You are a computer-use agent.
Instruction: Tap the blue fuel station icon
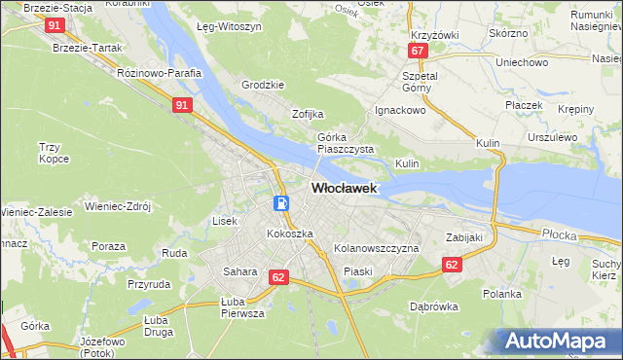click(281, 203)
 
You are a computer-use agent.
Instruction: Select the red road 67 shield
click(418, 51)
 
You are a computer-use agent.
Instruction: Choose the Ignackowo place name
click(401, 111)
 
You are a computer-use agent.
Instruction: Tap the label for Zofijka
click(308, 114)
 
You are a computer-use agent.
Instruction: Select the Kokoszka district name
click(290, 234)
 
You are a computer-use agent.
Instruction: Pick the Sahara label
click(239, 271)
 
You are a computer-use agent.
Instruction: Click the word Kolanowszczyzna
click(376, 249)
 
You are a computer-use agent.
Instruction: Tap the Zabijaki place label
click(464, 236)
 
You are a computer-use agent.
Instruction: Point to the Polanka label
click(502, 293)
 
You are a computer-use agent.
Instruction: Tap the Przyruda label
click(148, 285)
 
